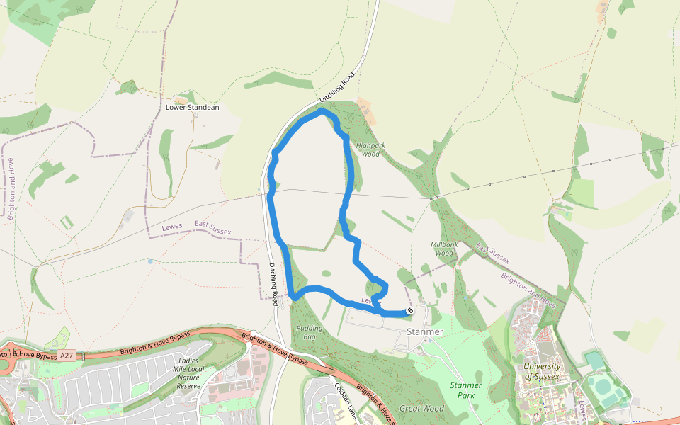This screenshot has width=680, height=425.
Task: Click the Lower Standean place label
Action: coord(192,108)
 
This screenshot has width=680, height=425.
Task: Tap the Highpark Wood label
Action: coord(372,149)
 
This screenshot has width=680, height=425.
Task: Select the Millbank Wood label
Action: coord(445,248)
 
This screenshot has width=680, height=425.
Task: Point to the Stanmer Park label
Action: coord(466,390)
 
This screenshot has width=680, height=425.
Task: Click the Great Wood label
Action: coord(421,409)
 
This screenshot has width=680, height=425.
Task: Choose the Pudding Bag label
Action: coord(309,332)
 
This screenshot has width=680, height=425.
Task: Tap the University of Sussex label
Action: coord(542,371)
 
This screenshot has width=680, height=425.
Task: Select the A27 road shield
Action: coord(66,355)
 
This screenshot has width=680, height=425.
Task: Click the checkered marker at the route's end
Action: coord(409,311)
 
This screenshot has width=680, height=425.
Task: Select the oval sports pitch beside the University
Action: coord(603,387)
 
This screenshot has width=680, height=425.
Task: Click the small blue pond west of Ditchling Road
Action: coord(150,261)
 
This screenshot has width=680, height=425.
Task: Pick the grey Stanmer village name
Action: coord(425,331)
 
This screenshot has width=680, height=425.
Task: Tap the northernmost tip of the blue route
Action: coord(322,110)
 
